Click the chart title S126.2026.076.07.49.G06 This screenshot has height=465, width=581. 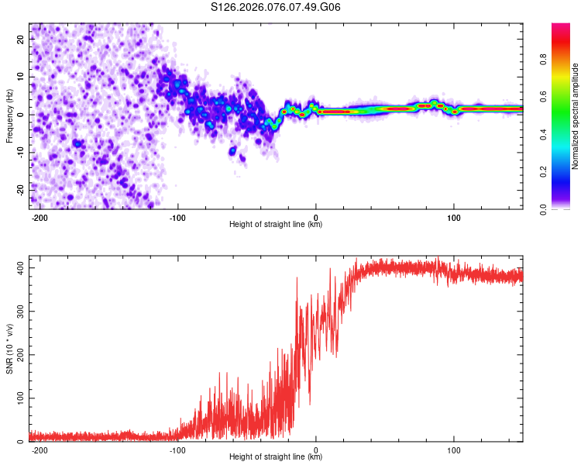(277, 7)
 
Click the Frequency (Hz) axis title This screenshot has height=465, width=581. (10, 116)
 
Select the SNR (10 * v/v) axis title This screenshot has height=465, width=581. (10, 349)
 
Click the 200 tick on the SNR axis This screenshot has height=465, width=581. (19, 354)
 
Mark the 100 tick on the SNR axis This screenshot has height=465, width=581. (19, 398)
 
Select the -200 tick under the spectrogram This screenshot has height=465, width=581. (40, 217)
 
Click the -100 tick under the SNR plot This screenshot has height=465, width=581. (177, 449)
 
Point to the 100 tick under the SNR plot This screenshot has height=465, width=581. (454, 449)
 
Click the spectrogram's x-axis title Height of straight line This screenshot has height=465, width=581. (276, 225)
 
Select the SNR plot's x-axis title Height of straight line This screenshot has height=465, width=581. (276, 457)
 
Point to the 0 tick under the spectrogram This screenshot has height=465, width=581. (316, 217)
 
